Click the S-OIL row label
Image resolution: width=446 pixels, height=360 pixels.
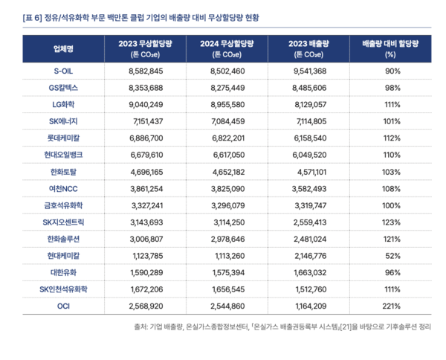click(62, 71)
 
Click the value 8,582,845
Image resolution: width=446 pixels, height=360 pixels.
click(146, 71)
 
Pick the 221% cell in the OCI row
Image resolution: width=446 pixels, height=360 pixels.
click(389, 306)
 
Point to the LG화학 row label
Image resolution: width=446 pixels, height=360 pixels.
click(62, 104)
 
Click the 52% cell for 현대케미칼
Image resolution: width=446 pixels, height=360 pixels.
click(389, 255)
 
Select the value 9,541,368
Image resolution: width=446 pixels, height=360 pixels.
click(315, 71)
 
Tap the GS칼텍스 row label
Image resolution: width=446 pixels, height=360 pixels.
click(62, 88)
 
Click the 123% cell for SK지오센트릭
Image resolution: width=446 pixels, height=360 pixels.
click(389, 222)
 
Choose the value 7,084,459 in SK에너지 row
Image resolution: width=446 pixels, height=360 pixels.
click(230, 121)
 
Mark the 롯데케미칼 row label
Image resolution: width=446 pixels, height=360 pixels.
click(62, 138)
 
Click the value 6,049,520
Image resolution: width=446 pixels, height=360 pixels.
click(315, 155)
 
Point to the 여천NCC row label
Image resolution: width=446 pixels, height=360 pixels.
click(62, 188)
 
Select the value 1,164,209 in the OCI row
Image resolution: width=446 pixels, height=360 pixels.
click(315, 306)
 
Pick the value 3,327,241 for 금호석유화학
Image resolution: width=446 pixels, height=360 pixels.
click(146, 205)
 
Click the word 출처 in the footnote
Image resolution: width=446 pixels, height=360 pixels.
click(140, 327)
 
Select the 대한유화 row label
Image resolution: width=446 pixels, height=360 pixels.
click(62, 272)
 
